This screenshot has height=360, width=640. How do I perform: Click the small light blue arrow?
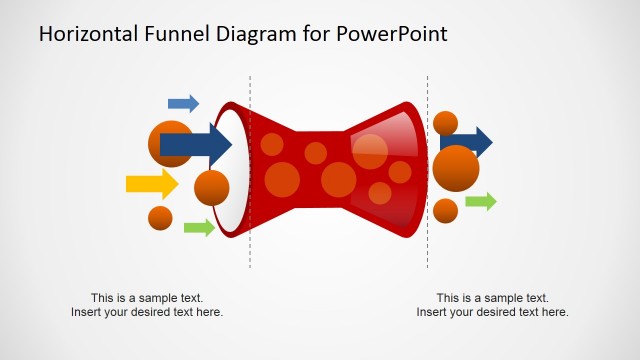click(183, 103)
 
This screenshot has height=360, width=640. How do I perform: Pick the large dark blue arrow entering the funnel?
click(196, 144)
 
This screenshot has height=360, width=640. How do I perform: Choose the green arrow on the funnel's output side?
click(481, 202)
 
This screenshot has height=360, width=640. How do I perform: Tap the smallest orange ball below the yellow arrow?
click(160, 217)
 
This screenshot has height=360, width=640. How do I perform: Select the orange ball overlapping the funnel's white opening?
click(211, 187)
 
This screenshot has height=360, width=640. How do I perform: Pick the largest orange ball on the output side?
click(456, 168)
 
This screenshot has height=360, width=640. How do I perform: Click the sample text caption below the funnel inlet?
click(147, 305)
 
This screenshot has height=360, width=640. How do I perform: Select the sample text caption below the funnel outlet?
click(492, 305)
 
